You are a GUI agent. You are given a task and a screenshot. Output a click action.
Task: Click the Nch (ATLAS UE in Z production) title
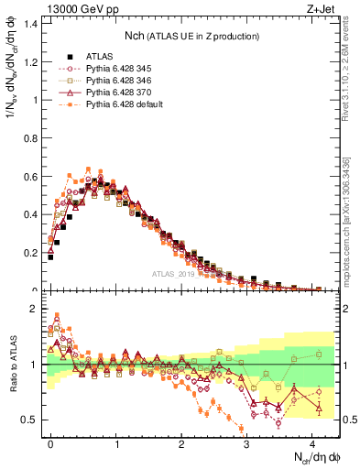191,36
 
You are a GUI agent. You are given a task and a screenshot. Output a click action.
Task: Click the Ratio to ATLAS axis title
12,365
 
